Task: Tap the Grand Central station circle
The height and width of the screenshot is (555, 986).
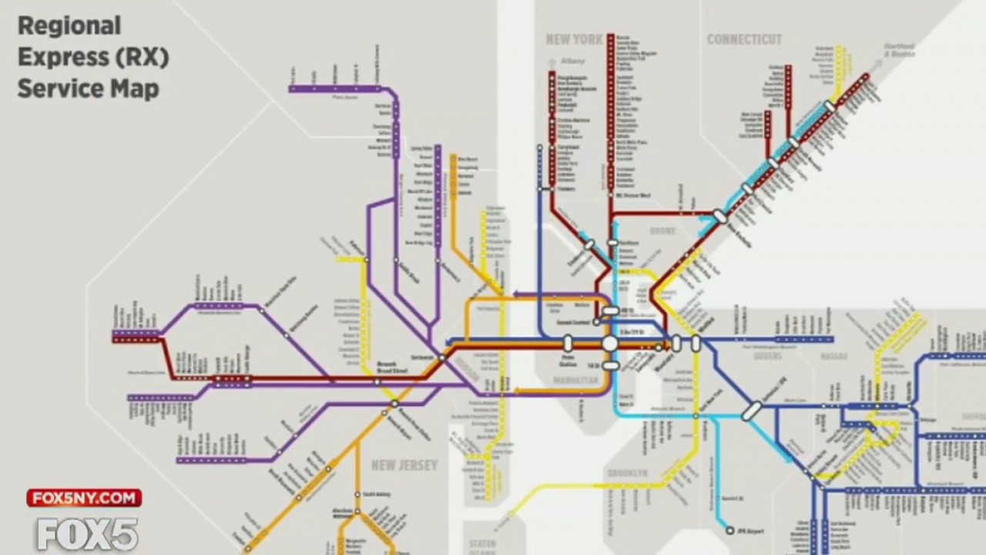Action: tap(597, 321)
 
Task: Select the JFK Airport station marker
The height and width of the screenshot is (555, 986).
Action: tap(730, 530)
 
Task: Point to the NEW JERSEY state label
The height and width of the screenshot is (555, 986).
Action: tap(404, 465)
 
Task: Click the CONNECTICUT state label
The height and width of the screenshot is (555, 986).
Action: tap(744, 39)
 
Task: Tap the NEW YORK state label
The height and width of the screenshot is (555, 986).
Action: tap(574, 40)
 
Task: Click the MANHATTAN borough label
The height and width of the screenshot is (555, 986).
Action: tap(575, 381)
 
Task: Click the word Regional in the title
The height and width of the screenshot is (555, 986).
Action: tap(69, 26)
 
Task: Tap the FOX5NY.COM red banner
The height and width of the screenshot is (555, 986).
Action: tap(84, 498)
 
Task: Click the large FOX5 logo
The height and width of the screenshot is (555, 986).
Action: tap(87, 533)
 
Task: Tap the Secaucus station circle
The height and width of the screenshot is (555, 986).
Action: tap(441, 358)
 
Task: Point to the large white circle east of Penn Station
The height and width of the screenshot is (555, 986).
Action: tap(610, 344)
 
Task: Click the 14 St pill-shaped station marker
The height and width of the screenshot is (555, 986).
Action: tap(610, 365)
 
